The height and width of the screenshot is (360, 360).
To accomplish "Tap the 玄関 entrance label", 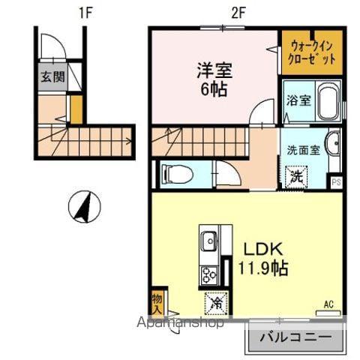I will point(52,76).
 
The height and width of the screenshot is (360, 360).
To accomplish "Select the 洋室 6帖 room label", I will point(214,78).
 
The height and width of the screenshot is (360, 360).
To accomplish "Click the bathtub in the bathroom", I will point(328,103).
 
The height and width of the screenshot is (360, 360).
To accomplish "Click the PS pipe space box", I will point(337,181).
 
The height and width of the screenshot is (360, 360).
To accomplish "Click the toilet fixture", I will point(176,175).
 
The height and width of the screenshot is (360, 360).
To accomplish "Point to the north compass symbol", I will point(85,207).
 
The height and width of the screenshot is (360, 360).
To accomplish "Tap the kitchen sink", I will point(209,242).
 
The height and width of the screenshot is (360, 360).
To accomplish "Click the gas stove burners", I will point(208,274).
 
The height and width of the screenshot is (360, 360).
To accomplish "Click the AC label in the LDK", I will point(328,304).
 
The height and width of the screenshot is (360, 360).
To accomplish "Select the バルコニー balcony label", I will point(294,337).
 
